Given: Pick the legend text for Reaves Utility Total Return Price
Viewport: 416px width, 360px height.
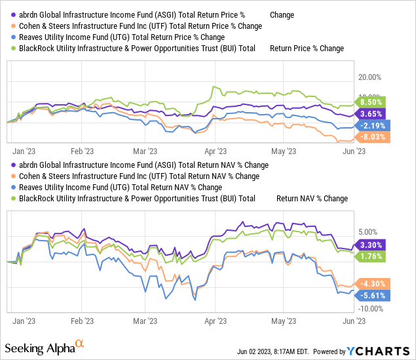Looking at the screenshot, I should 119,37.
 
